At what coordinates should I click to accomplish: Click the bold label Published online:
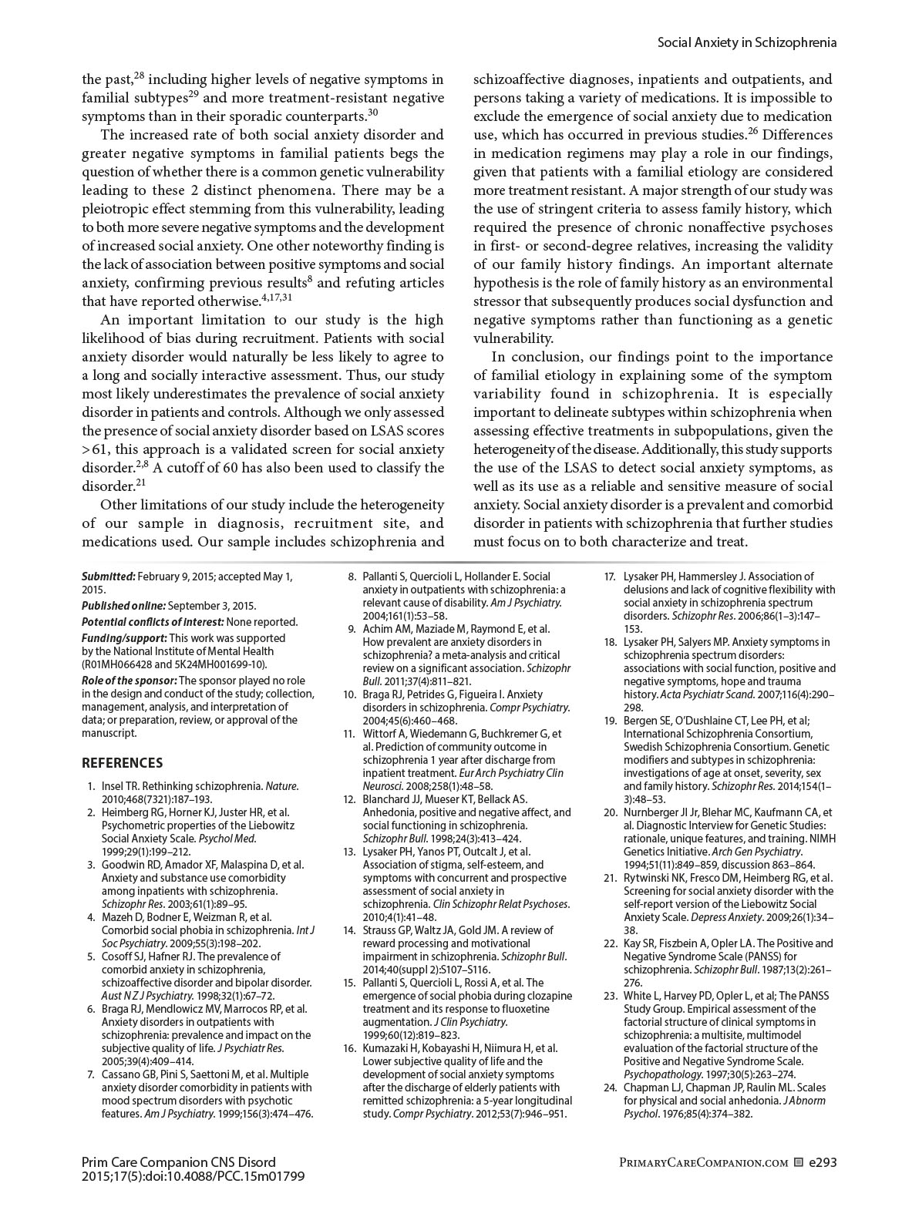(x=123, y=606)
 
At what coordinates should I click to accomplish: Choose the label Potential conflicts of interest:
(x=153, y=622)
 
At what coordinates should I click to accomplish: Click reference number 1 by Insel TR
(x=92, y=787)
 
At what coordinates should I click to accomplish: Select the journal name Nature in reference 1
(x=281, y=787)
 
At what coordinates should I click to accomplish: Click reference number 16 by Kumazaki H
(x=350, y=1048)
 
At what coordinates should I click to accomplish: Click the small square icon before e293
(x=798, y=1162)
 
